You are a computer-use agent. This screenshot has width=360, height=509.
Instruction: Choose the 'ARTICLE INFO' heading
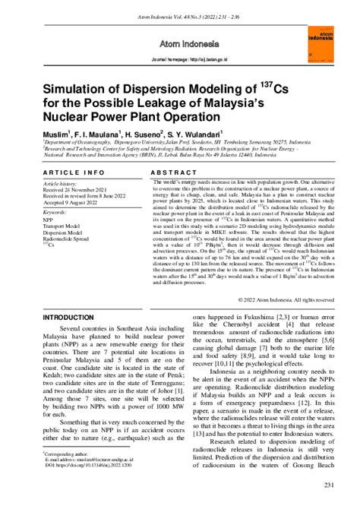[x=74, y=173]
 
